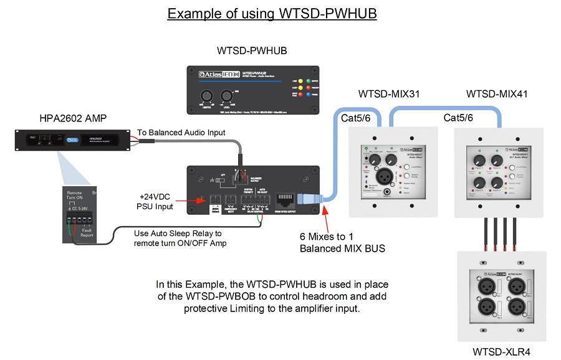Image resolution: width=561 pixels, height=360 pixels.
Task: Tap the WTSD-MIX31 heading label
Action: click(388, 95)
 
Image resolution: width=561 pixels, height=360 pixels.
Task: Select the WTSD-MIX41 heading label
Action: click(497, 95)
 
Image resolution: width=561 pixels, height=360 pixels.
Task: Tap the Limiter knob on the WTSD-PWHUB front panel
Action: click(207, 97)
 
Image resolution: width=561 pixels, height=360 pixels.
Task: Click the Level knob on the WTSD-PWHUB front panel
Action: click(226, 97)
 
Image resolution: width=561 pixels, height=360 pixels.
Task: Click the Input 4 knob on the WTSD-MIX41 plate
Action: click(496, 183)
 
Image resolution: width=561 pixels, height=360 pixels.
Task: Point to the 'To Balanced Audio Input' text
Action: click(181, 133)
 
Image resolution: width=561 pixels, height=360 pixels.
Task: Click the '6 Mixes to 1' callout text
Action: click(327, 237)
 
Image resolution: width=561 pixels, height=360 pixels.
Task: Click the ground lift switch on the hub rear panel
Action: click(220, 181)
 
